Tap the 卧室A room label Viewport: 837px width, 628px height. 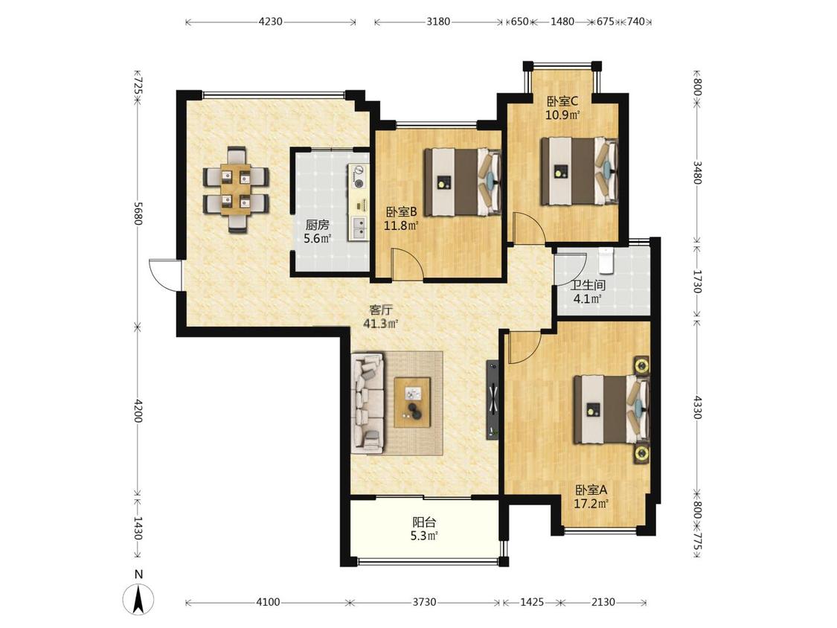tap(591, 490)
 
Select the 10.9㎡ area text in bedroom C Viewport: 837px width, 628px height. tap(562, 115)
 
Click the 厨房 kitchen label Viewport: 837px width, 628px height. tap(317, 225)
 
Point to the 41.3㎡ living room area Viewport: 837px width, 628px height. tap(381, 323)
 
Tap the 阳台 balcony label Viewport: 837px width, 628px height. tap(424, 522)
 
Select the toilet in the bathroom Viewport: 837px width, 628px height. tap(606, 260)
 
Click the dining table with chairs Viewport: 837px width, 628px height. tap(236, 190)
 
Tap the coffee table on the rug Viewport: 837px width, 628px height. tap(412, 402)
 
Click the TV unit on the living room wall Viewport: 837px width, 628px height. tap(493, 400)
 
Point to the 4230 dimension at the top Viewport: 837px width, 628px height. tap(270, 22)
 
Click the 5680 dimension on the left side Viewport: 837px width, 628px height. tap(138, 213)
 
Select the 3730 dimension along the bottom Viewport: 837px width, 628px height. tap(424, 602)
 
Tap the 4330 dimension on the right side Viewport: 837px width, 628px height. tap(696, 406)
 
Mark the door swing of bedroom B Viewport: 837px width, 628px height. tap(408, 264)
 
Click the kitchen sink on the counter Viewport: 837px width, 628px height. tap(359, 228)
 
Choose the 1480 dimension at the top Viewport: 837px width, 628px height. tap(562, 22)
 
